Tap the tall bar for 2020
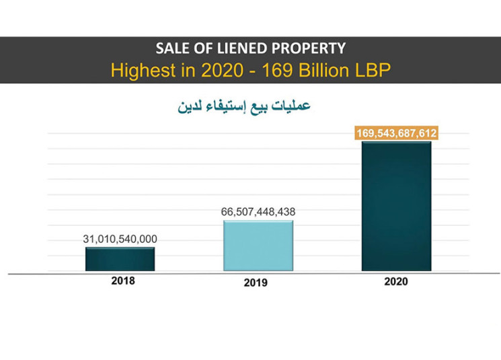396,205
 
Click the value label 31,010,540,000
120,239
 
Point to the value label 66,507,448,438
258,212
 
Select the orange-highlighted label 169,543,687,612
397,134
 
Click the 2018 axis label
122,281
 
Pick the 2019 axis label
256,283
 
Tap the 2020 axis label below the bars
395,282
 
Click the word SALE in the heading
172,48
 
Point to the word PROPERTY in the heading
314,48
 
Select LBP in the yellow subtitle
370,69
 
